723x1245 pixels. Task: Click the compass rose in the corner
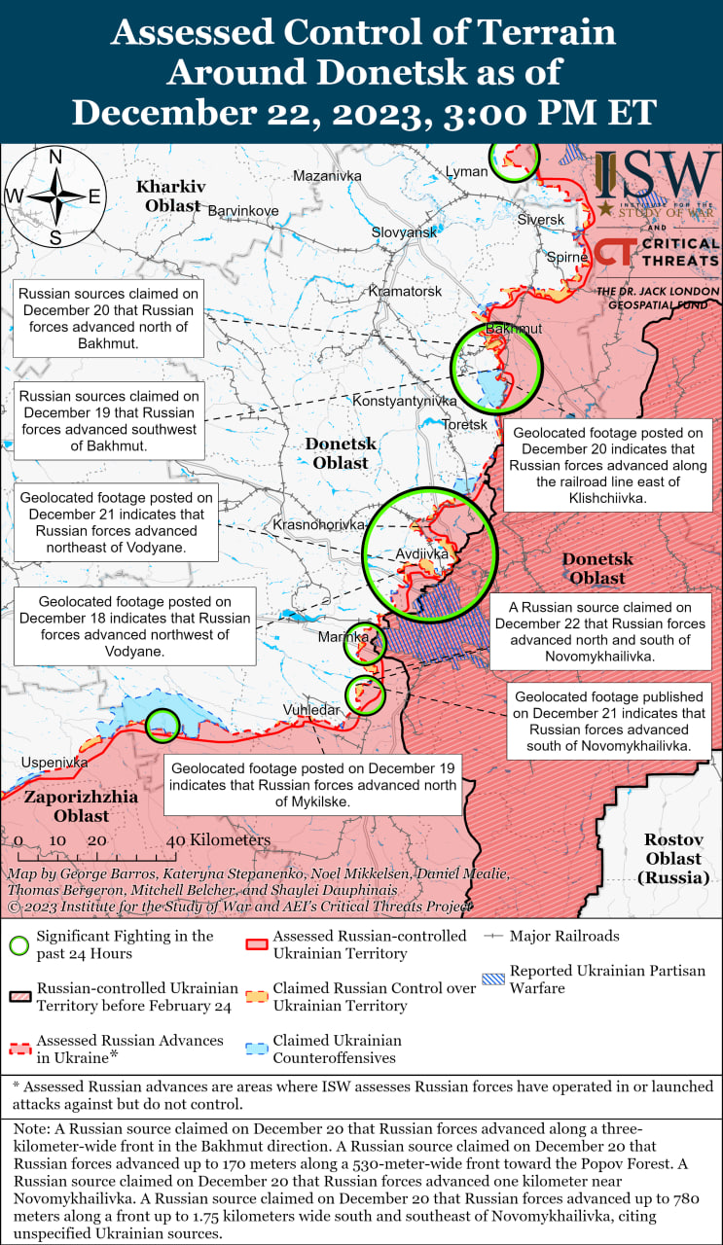point(55,196)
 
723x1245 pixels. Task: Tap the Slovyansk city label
point(404,232)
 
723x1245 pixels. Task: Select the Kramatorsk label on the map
point(405,291)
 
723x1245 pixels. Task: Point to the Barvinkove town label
point(243,210)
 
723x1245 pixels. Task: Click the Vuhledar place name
point(311,710)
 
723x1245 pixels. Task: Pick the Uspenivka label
point(54,763)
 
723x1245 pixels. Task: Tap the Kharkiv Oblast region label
point(171,196)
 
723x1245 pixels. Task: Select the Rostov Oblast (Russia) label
point(672,858)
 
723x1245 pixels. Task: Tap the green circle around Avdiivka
point(429,553)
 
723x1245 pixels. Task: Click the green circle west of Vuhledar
point(163,725)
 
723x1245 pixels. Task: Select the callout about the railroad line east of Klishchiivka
point(607,465)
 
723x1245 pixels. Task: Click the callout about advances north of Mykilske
point(311,783)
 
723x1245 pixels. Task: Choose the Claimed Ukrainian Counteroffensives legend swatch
point(258,1048)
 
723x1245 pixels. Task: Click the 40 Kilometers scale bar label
point(218,839)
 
